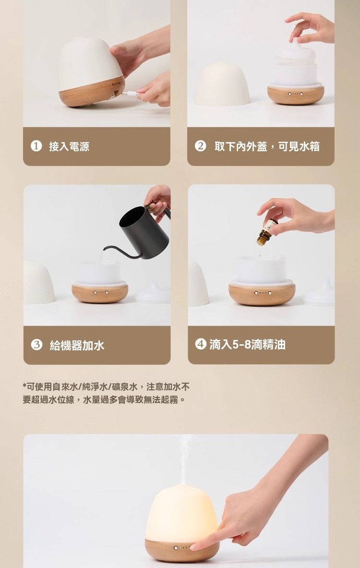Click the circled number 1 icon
point(36,146)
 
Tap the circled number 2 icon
point(200,146)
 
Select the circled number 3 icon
point(36,345)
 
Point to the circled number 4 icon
point(201,344)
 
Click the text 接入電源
point(69,146)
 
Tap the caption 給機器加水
point(77,345)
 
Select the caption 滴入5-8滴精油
point(247,344)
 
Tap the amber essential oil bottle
point(265,232)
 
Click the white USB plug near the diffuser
point(129,94)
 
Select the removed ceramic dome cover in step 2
point(222,84)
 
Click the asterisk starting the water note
point(24,386)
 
